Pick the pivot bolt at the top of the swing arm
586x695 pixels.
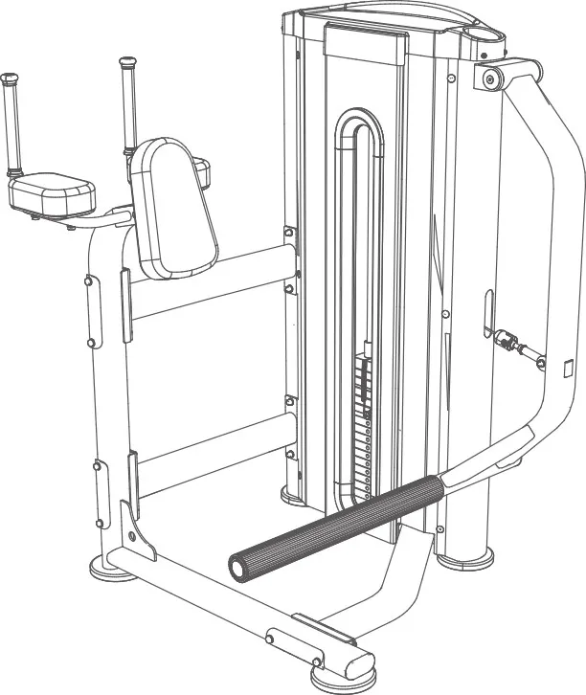pos(490,78)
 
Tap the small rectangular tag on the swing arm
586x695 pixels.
pos(567,367)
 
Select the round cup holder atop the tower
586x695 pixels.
pos(483,33)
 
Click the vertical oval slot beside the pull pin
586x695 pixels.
pos(488,311)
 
